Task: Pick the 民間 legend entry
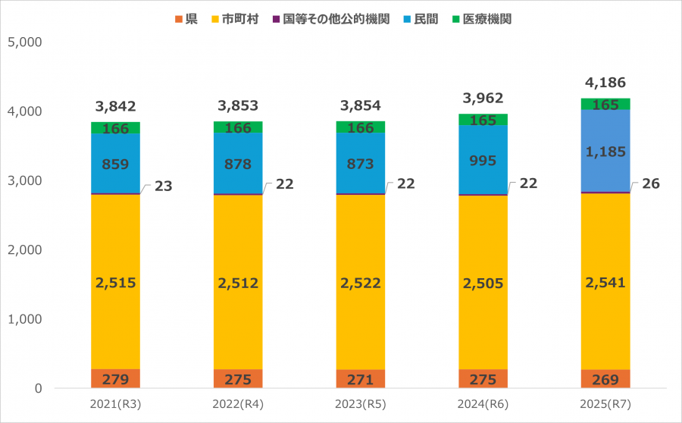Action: coord(424,19)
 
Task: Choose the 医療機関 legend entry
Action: coord(482,19)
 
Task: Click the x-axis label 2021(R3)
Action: coord(116,406)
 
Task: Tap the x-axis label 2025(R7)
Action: coord(605,406)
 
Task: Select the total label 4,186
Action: coord(605,83)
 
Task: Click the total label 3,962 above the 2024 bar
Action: coord(483,98)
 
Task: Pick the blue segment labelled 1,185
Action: coord(605,151)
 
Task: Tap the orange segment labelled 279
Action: coord(116,379)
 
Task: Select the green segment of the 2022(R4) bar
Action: coord(239,127)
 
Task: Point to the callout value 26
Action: coord(649,184)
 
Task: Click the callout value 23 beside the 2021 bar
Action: coord(163,186)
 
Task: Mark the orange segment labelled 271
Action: coord(361,379)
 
